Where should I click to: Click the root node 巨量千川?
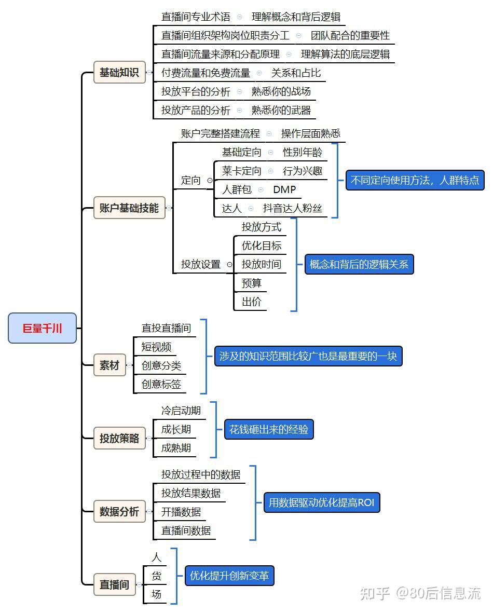coord(42,328)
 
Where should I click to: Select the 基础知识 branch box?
coord(119,72)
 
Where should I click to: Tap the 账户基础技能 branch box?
coord(129,208)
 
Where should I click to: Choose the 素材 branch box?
coord(109,365)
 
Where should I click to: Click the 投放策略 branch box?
coord(119,438)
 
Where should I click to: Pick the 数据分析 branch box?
coord(119,511)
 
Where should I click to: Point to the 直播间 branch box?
coord(114,584)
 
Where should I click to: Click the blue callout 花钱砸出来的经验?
coord(269,429)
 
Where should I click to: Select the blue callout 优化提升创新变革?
coord(229,576)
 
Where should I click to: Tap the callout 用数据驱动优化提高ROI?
coord(322,502)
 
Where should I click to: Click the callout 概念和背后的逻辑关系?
coord(359,264)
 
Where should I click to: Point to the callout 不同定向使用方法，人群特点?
coord(415,180)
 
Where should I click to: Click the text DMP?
coord(284,189)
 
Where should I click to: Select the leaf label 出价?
coord(251,302)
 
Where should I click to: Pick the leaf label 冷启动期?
coord(181,411)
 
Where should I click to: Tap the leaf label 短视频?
coord(156,347)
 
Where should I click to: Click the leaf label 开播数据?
coord(181,512)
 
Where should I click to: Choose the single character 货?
coord(156,576)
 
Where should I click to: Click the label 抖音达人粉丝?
coord(293,208)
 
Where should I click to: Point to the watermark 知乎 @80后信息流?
coord(420,593)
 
